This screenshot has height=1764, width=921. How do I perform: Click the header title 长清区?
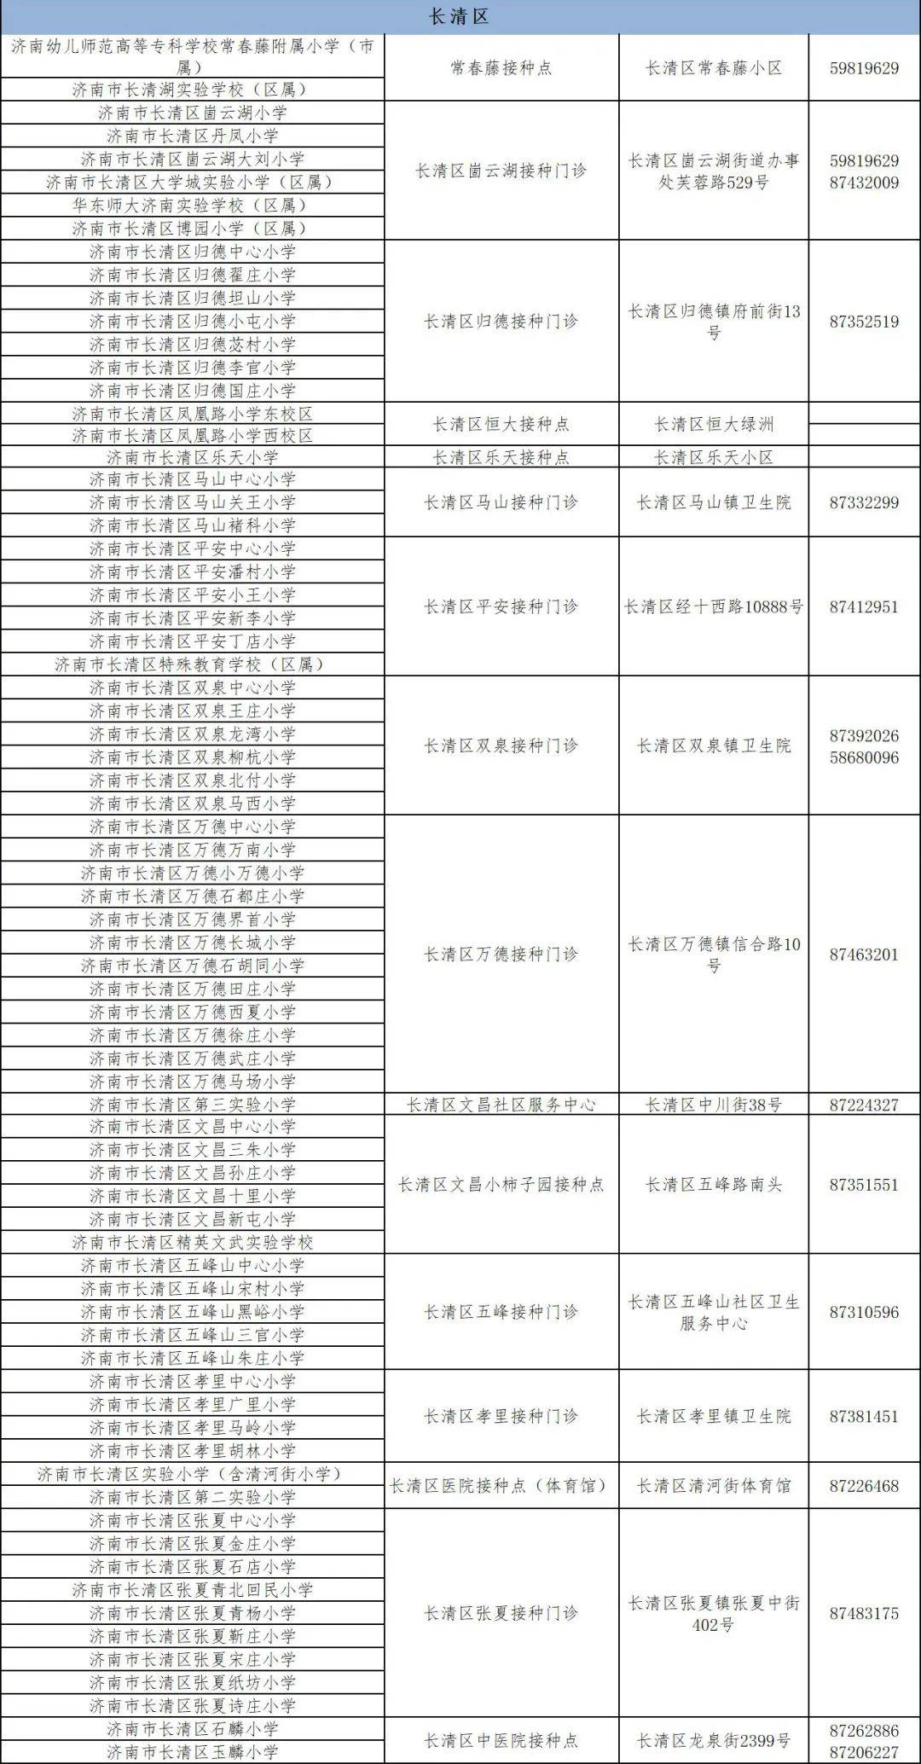(x=459, y=16)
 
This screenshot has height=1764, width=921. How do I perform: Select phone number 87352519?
(x=864, y=322)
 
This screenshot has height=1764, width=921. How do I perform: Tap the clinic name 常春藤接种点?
(x=501, y=68)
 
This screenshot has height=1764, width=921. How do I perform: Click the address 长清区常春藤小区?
(x=714, y=68)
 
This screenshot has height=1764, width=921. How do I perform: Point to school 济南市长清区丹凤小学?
(x=192, y=136)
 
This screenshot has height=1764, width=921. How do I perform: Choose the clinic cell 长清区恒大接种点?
(x=501, y=424)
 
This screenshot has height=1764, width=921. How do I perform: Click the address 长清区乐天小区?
(x=714, y=457)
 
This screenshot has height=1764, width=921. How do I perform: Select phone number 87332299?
(x=864, y=502)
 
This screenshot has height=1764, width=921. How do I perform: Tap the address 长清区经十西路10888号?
(x=714, y=606)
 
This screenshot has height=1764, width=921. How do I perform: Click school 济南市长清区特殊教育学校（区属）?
(x=192, y=664)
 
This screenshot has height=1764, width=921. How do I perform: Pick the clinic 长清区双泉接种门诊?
(x=501, y=746)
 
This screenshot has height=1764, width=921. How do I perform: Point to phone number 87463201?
(x=864, y=955)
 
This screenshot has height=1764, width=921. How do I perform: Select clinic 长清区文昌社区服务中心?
(x=501, y=1105)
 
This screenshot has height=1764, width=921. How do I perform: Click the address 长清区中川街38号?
(x=714, y=1105)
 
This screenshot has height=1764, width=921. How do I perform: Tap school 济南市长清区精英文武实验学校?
(x=192, y=1243)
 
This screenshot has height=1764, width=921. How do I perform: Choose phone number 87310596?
(x=864, y=1312)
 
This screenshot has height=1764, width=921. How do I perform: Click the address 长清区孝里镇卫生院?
(x=714, y=1416)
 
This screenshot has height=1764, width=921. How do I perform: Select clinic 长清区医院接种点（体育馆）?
(x=501, y=1486)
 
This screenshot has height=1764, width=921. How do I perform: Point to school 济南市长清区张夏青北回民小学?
(x=192, y=1590)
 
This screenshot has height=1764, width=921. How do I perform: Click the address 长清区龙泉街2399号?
(x=714, y=1740)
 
